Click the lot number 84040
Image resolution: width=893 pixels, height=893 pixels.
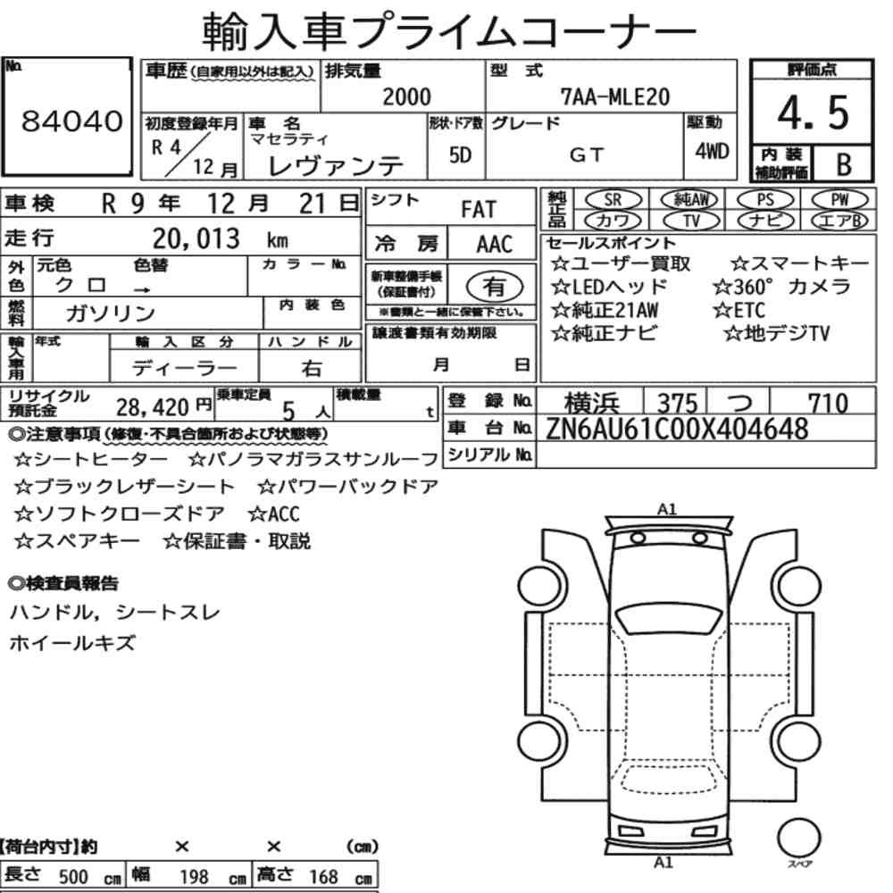(71, 121)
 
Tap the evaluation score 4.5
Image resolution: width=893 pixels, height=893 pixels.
(813, 113)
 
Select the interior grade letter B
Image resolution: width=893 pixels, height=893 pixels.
(844, 165)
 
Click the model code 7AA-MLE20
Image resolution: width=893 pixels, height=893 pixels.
(615, 96)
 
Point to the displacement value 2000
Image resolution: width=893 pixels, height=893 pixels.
(406, 96)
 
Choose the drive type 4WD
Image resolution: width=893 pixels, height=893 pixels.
(712, 152)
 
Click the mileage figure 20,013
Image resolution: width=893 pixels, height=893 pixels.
(196, 238)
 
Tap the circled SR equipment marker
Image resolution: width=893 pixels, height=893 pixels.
(613, 199)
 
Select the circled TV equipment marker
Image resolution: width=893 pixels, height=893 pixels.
(690, 221)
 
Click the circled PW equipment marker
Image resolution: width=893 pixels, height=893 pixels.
(839, 199)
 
